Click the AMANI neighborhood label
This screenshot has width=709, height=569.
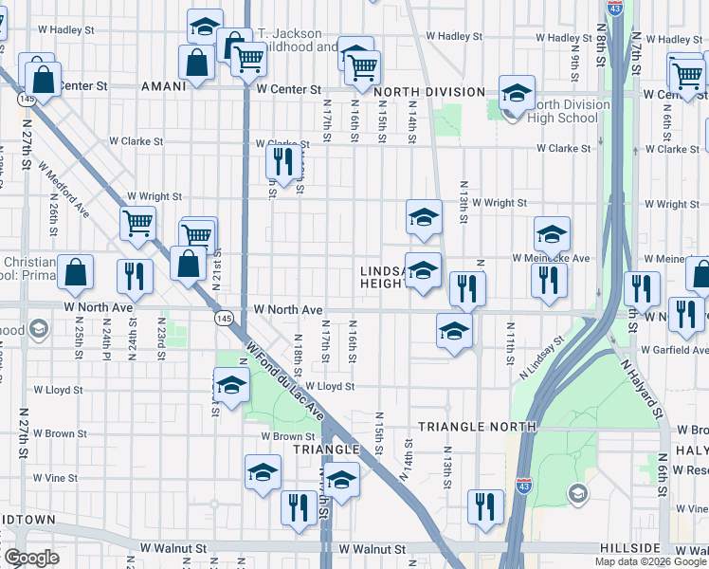coord(162,86)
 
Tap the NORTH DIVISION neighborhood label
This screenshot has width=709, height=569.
coord(422,92)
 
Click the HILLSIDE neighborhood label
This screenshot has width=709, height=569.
coord(629,549)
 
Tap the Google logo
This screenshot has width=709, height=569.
coord(32,558)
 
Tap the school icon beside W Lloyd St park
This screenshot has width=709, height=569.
coord(230,387)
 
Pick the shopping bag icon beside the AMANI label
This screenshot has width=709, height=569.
coord(195,64)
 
